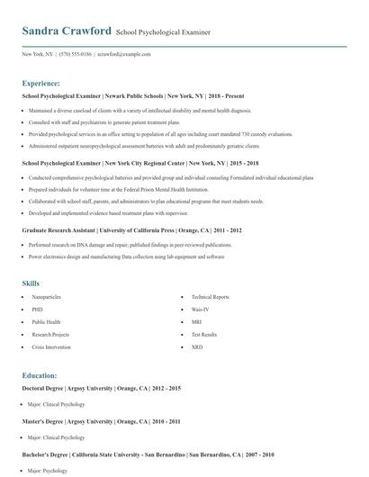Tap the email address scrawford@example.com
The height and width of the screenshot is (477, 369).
pos(123,54)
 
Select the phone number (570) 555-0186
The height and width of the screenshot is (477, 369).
pos(76,54)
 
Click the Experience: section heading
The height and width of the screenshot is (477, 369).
pos(41,82)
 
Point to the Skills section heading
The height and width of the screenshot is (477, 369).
pos(31,283)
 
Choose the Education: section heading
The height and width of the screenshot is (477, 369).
pos(40,375)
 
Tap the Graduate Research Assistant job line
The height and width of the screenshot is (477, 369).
pos(131,231)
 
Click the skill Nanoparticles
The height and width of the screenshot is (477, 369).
pos(48,297)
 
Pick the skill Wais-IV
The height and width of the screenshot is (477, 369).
pos(201,310)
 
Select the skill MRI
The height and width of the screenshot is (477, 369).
pos(196,321)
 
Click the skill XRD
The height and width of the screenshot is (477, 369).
pos(197,346)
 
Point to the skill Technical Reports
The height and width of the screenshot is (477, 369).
pos(211,297)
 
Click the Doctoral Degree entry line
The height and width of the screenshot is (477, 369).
pos(101,388)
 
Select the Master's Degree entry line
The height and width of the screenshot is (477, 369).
pos(101,422)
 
